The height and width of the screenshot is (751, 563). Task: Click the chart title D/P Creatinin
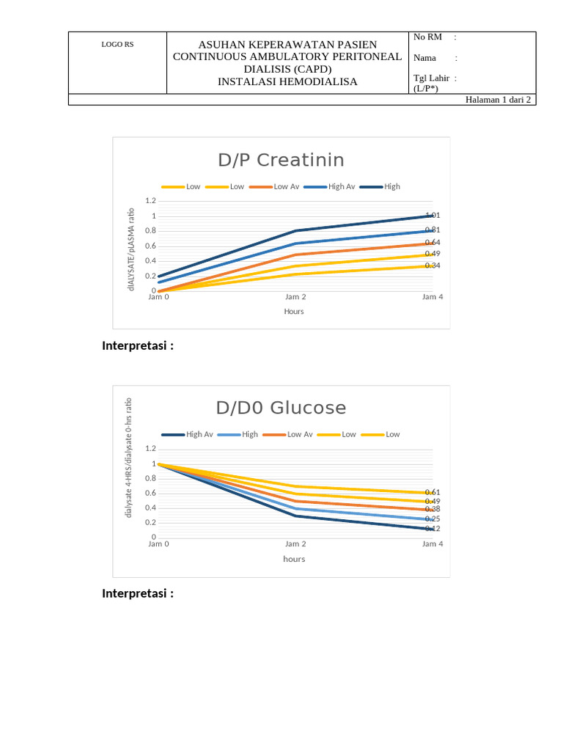[281, 160]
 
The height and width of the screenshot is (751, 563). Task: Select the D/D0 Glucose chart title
[281, 408]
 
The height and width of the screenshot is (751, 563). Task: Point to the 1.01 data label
[433, 215]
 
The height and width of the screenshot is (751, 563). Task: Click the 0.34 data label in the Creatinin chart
[433, 265]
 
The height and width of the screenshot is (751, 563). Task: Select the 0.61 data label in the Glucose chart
[433, 492]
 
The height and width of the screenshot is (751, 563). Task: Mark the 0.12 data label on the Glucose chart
[433, 528]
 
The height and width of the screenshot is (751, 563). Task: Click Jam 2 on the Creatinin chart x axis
[295, 297]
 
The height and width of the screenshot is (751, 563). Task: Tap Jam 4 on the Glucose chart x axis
[433, 544]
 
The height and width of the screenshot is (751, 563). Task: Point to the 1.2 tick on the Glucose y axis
[150, 448]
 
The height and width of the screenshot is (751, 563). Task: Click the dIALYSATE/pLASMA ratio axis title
[131, 249]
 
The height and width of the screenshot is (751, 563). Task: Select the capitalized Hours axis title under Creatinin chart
[294, 312]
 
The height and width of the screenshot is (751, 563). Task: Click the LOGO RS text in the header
[117, 44]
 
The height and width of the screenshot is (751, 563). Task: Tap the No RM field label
[427, 37]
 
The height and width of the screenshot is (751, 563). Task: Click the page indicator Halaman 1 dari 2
[498, 100]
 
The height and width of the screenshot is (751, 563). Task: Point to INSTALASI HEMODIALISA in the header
[287, 81]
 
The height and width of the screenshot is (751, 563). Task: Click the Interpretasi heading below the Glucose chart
[138, 593]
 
